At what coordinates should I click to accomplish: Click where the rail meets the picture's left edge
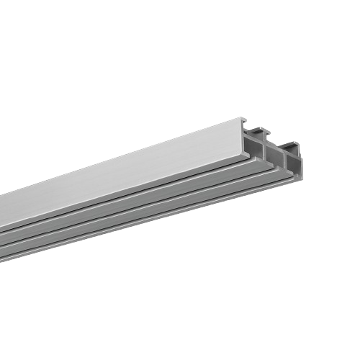[x=1, y=230]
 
